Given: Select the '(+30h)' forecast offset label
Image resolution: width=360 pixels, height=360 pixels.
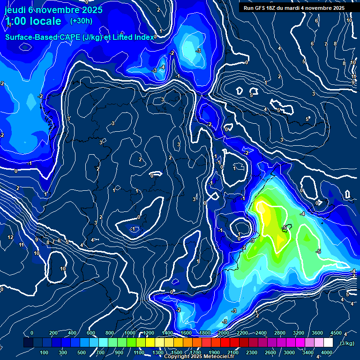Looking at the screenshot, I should [81, 21].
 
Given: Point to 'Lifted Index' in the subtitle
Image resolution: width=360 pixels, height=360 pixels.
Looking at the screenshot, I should [133, 37].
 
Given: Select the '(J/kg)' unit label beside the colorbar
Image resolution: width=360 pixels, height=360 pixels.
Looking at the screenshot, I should [347, 344].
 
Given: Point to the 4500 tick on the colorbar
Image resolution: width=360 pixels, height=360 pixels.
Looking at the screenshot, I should [336, 333].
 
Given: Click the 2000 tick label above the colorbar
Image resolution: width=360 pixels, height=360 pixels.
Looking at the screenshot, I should [224, 333].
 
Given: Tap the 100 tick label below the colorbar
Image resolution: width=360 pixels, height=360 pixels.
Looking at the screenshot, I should [45, 352].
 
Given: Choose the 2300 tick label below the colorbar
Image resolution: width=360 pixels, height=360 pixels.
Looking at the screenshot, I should [252, 352].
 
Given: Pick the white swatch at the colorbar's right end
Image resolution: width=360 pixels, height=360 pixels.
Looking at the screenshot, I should [328, 343].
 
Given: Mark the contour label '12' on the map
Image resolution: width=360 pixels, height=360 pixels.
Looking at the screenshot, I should [10, 238].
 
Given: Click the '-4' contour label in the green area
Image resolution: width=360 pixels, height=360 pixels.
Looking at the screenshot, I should [302, 214].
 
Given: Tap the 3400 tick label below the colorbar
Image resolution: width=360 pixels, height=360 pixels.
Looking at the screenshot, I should [308, 352].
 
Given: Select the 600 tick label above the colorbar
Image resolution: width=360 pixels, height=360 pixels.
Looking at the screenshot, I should [91, 333].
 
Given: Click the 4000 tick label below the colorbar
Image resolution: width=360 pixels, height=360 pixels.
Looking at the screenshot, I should [326, 352].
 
